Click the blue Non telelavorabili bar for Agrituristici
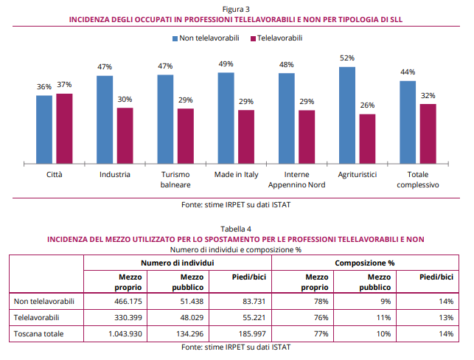click(347, 114)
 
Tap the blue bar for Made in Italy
click(226, 117)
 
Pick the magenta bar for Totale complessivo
click(428, 133)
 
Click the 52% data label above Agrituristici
click(347, 58)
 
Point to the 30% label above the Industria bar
click(125, 100)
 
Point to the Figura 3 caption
click(236, 8)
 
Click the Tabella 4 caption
click(236, 229)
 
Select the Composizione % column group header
click(364, 262)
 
